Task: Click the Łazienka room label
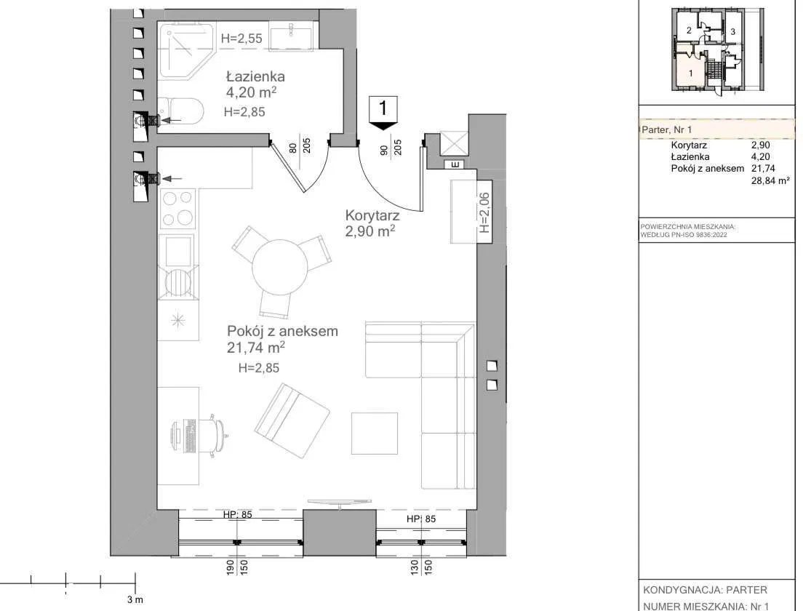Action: point(255,77)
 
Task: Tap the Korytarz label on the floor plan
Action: point(372,215)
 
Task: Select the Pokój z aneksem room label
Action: point(282,331)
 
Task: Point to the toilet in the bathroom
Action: point(180,111)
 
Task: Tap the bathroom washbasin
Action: point(290,37)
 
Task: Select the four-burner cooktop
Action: point(177,209)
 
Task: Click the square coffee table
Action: point(375,434)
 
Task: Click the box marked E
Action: point(455,164)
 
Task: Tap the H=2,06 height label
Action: point(484,212)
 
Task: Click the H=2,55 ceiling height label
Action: point(241,39)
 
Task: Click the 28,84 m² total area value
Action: point(770,180)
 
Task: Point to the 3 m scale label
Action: point(135,600)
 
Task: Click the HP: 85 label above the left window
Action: point(238,514)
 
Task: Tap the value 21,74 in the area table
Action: point(763,169)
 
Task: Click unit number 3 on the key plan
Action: point(733,32)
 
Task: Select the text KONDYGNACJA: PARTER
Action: point(706,590)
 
